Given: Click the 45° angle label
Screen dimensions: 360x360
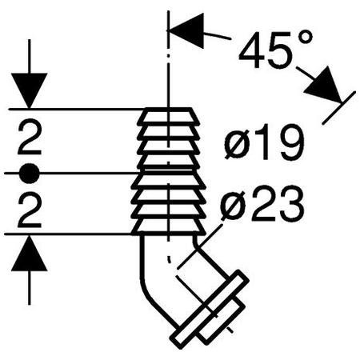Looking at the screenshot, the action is pyautogui.click(x=275, y=50).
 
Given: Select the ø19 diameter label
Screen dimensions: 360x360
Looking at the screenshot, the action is pyautogui.click(x=264, y=142).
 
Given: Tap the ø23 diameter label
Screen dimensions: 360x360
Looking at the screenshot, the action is pyautogui.click(x=262, y=206).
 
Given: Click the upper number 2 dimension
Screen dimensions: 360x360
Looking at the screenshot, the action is pyautogui.click(x=30, y=138).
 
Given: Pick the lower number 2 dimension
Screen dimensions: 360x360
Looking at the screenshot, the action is pyautogui.click(x=30, y=212).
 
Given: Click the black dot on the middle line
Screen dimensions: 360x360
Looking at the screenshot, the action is pyautogui.click(x=30, y=174).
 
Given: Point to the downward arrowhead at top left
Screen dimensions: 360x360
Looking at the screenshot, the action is pyautogui.click(x=30, y=90).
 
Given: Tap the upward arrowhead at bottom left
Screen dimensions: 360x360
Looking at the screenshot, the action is pyautogui.click(x=30, y=254).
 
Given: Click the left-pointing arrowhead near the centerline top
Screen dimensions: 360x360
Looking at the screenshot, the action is pyautogui.click(x=186, y=30).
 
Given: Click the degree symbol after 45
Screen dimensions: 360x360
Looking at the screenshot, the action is pyautogui.click(x=305, y=38).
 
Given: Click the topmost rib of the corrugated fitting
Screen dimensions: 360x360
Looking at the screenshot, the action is pyautogui.click(x=169, y=117).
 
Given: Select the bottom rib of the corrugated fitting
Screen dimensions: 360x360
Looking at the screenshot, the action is pyautogui.click(x=169, y=226).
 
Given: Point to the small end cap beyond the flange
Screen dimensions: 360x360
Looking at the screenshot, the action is pyautogui.click(x=222, y=321).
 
